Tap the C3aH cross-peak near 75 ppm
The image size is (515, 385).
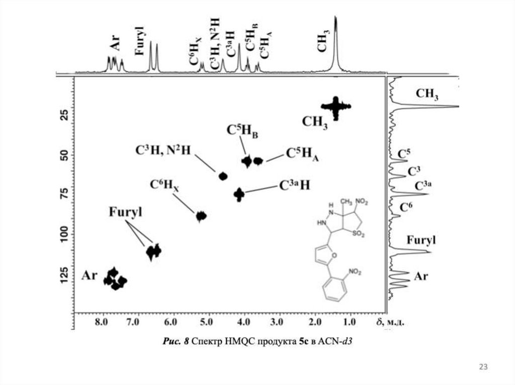(x=239, y=193)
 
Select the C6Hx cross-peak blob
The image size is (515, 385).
(x=201, y=216)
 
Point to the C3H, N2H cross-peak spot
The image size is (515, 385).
(x=223, y=176)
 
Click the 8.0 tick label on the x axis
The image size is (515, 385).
(x=103, y=322)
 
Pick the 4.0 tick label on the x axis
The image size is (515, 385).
(x=243, y=322)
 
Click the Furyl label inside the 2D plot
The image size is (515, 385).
(x=125, y=212)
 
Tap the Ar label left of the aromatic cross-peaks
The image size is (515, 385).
(x=89, y=275)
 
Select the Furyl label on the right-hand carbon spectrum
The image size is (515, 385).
(x=421, y=240)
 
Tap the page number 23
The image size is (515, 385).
(x=483, y=367)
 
